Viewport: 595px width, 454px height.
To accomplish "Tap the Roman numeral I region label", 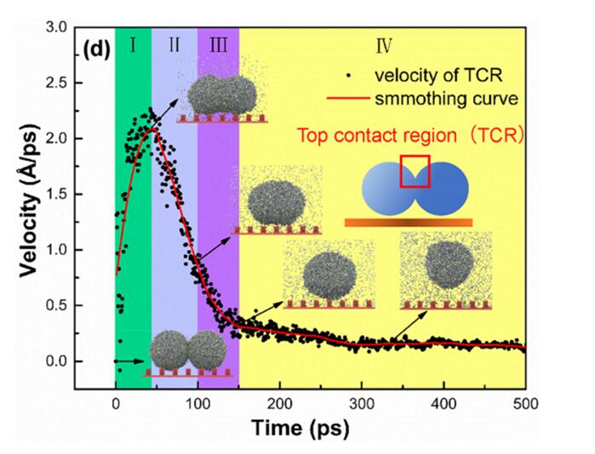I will tap(133, 46).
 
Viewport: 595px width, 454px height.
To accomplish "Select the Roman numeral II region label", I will tap(174, 46).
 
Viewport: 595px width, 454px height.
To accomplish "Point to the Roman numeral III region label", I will tap(218, 46).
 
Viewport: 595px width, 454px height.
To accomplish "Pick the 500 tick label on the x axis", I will tap(525, 404).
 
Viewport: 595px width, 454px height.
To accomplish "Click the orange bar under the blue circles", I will tap(409, 222).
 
